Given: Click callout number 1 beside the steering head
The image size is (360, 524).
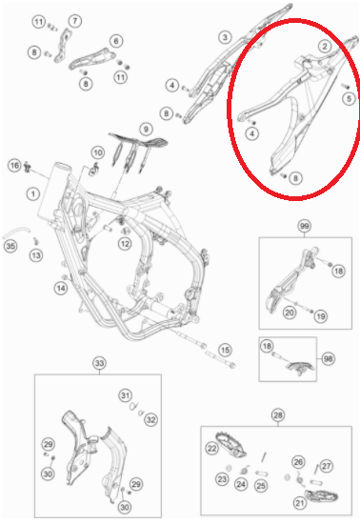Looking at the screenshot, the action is coord(33,193).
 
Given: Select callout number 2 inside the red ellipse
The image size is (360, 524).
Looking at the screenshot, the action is coord(324,46).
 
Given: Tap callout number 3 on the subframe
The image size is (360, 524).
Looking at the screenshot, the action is coord(225,37).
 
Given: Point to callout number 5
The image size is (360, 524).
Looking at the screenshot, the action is coord(349,98).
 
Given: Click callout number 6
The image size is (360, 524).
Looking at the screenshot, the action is coord(116,41).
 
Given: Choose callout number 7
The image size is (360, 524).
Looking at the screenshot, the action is coord(75,21).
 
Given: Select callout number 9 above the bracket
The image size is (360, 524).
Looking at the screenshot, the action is coord(146,129).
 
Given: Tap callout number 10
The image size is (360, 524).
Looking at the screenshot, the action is coord(98,152).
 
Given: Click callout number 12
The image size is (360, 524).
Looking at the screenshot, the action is coord(125,244).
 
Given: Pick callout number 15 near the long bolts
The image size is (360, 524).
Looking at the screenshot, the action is coord(225,351).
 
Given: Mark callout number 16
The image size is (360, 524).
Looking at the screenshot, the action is coord(14,166).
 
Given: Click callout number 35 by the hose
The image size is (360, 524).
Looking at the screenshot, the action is coord(10,247).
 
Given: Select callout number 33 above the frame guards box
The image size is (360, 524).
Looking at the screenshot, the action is coord(99,363).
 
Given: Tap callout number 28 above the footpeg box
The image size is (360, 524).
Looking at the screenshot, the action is coord(278,415).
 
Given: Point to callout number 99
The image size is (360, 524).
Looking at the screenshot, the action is coord(304,226).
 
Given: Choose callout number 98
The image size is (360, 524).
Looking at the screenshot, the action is coord(328,359).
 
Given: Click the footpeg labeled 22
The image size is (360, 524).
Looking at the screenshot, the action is coord(231,443).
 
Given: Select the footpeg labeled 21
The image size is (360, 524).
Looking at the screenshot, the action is coord(321,496).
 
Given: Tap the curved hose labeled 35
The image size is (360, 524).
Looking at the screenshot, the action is coord(16,232).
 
